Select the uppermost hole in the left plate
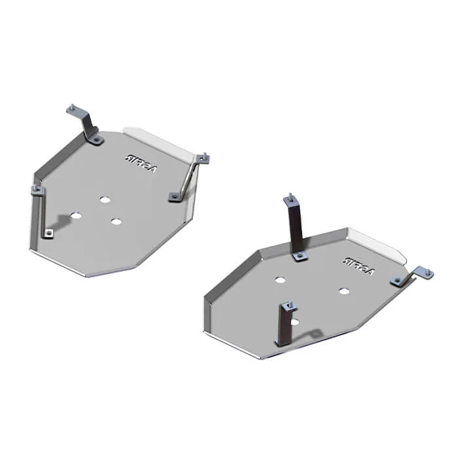coord(104,199)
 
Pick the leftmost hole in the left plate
coord(76,216)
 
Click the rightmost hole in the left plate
coord(116,221)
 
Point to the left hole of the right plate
coord(280,279)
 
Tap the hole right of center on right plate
coord(344,290)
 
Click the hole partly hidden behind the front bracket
coord(294,321)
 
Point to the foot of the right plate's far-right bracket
coord(398,281)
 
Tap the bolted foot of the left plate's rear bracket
coord(96,139)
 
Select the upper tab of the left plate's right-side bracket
coord(203,158)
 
